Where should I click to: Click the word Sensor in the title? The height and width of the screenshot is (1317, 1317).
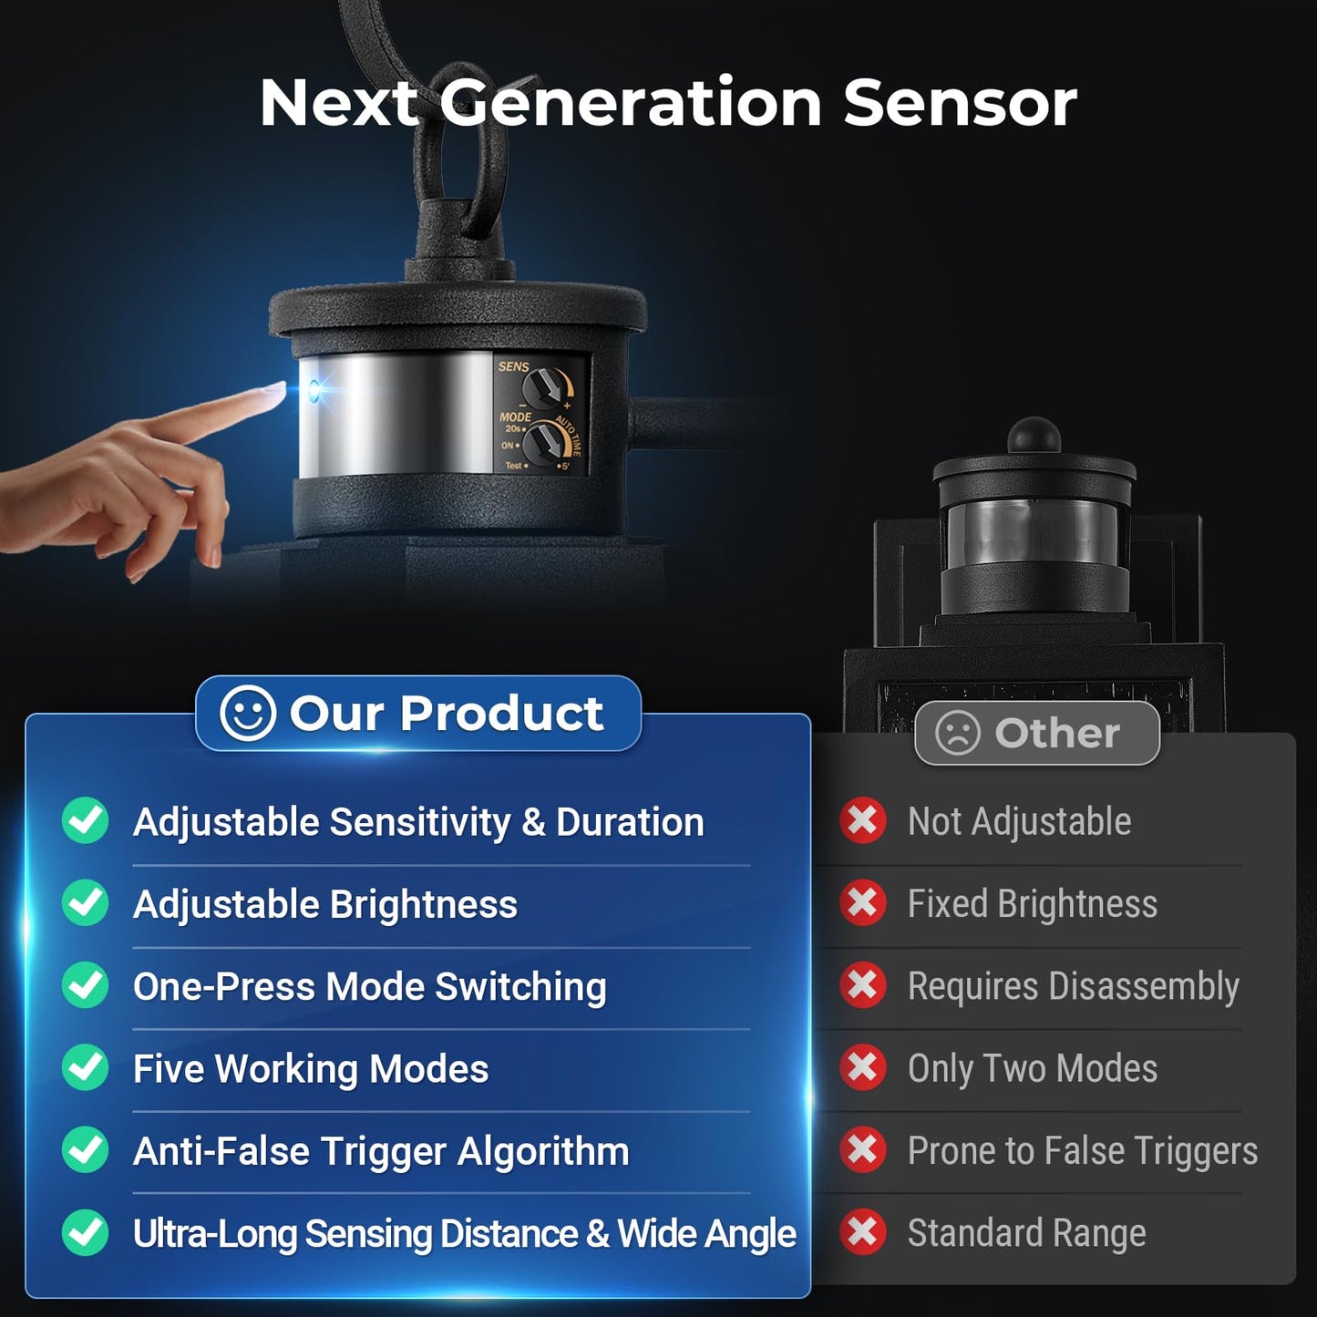pos(961,103)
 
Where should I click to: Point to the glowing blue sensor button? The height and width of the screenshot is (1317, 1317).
pos(314,391)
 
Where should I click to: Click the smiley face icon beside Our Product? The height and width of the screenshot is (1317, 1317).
pos(247,713)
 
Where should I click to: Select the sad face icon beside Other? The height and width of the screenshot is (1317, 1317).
pos(958,733)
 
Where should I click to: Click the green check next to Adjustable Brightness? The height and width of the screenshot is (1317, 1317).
pos(86,903)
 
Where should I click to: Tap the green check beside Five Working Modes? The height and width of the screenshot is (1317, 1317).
pos(86,1068)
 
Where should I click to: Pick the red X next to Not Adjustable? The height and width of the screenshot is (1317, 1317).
pos(863,820)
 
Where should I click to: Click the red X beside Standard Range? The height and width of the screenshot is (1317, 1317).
pos(863,1233)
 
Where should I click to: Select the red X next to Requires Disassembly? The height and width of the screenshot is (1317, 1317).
pos(863,985)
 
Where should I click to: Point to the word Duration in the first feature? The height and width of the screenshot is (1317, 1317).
pos(630,821)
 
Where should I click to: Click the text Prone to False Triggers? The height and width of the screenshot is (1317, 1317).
pos(1083,1152)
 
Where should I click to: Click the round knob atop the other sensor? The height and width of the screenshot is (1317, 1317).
pos(1034,435)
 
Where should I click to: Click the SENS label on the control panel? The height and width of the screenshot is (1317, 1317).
pos(513,367)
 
